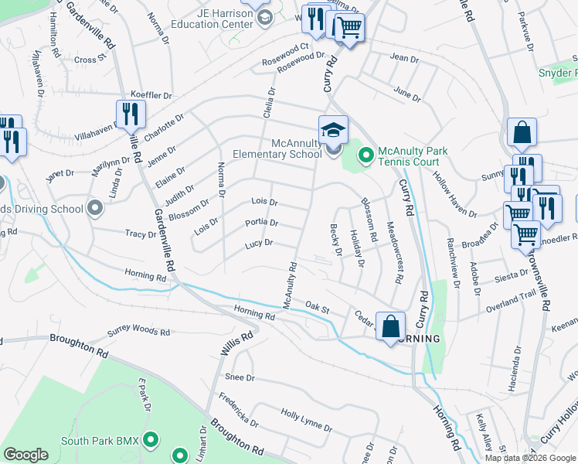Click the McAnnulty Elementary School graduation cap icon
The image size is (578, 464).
tap(333, 129)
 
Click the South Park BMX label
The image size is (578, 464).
tap(100, 442)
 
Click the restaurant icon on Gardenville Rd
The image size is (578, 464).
tap(131, 114)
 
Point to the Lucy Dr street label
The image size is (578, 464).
tap(259, 243)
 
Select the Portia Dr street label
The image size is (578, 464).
tap(261, 223)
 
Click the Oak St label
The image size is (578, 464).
tap(317, 309)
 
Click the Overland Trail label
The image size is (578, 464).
tap(510, 302)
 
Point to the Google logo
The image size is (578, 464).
tap(25, 455)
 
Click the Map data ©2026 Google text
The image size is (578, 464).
tap(530, 458)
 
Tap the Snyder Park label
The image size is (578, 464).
tap(558, 73)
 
